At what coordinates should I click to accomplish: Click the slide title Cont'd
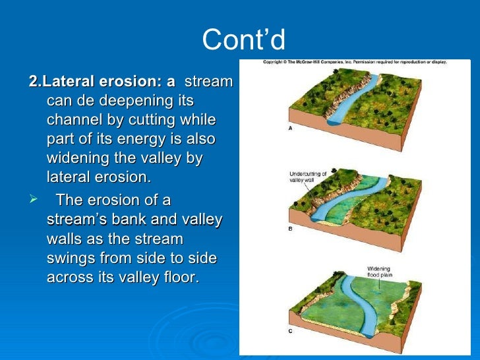tap(243, 40)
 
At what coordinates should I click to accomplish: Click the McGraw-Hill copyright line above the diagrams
tap(355, 61)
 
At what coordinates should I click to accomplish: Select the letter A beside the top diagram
tap(290, 129)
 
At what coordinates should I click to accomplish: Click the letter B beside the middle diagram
tap(290, 228)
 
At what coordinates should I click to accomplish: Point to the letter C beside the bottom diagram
tap(290, 331)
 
